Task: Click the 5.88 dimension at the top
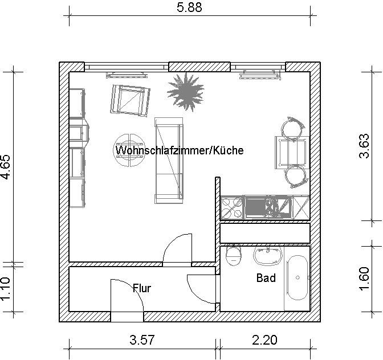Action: (x=189, y=7)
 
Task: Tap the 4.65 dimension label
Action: (x=6, y=167)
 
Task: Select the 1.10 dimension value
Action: (x=6, y=289)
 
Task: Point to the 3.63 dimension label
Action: (x=364, y=146)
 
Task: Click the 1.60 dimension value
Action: (x=364, y=279)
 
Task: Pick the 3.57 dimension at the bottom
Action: (x=142, y=339)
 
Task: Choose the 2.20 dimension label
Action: (x=264, y=339)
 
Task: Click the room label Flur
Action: (x=142, y=288)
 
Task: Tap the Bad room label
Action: (x=266, y=278)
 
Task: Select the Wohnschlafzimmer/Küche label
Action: (x=180, y=150)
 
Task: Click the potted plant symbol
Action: (x=186, y=92)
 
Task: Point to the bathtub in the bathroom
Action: (x=297, y=279)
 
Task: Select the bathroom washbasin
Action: (x=268, y=256)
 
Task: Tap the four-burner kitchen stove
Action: (x=232, y=208)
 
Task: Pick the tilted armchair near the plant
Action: (x=130, y=100)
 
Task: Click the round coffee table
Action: (x=129, y=150)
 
